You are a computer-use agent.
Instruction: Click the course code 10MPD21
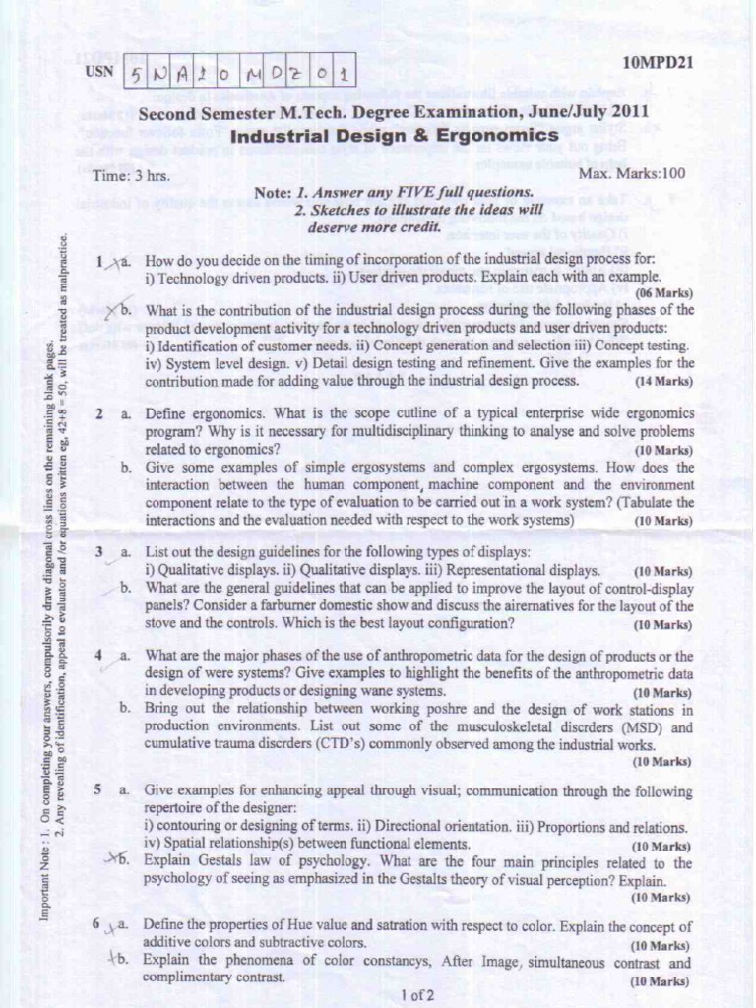(x=659, y=62)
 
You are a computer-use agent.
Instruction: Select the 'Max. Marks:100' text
(x=632, y=174)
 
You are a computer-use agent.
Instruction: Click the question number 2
(x=100, y=414)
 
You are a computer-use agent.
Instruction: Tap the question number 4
(x=99, y=655)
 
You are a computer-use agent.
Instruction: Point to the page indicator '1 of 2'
(x=417, y=994)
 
